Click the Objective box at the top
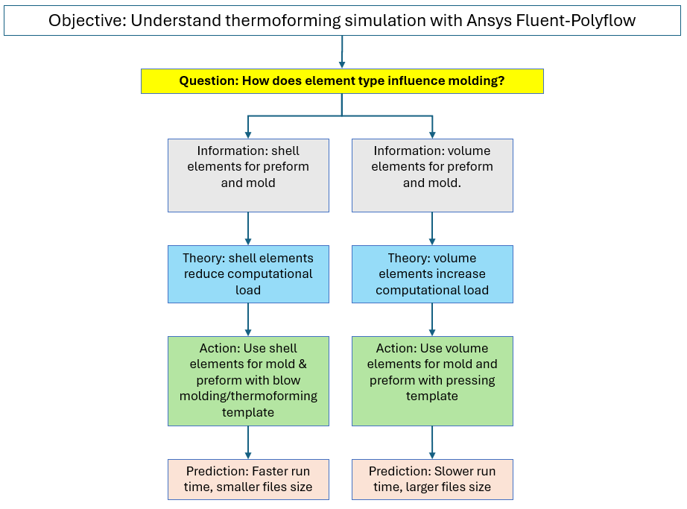click(x=342, y=21)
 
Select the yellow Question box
click(x=342, y=81)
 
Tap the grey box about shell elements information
click(x=248, y=176)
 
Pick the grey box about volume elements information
click(x=432, y=176)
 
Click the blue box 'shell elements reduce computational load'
click(x=248, y=274)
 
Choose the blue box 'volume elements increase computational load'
click(x=432, y=274)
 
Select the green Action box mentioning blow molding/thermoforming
click(x=248, y=381)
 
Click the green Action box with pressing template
click(x=432, y=381)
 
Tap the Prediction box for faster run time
click(x=248, y=480)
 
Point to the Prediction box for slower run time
click(x=432, y=480)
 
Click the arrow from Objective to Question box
click(x=342, y=52)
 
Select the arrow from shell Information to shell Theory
click(x=248, y=229)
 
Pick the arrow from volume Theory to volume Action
click(x=432, y=320)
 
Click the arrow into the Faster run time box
click(x=248, y=443)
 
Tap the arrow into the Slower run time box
click(x=432, y=443)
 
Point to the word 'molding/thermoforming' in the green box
click(x=248, y=396)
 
